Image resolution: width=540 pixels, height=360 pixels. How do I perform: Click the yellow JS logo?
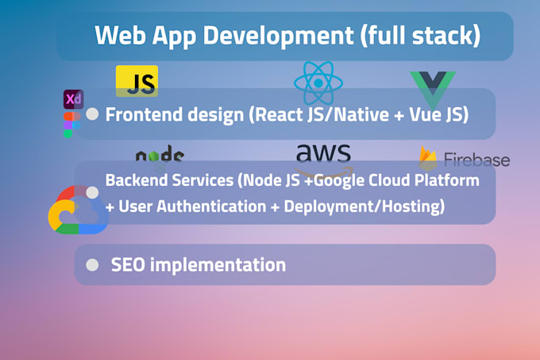pos(137,81)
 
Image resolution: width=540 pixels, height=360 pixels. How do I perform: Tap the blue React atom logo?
pos(318,83)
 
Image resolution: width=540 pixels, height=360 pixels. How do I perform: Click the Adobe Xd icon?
pos(73,99)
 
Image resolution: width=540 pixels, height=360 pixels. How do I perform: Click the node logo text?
pos(159,157)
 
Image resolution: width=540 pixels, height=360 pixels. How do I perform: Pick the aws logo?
pos(322,157)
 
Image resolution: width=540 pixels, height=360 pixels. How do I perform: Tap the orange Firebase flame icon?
pos(428,159)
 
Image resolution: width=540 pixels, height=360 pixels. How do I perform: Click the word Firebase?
pos(476,160)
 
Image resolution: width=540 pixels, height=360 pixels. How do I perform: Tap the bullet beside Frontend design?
pos(92,114)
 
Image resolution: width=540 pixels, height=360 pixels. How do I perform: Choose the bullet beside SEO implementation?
pos(92,265)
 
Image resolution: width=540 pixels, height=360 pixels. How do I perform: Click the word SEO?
pos(128,265)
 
